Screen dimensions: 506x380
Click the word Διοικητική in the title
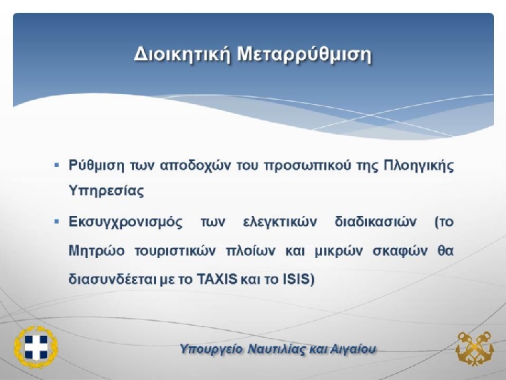[x=182, y=54]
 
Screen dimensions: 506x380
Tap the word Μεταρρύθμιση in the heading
[x=304, y=55]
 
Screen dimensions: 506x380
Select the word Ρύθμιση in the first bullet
[x=96, y=165]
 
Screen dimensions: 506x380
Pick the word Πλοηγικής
[x=419, y=166]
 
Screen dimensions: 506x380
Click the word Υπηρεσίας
[x=106, y=190]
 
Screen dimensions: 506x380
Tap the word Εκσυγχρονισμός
[x=125, y=222]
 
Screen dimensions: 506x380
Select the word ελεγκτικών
[x=280, y=222]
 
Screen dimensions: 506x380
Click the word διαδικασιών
[x=376, y=222]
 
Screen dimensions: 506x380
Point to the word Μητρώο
[x=96, y=251]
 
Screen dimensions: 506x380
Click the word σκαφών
[x=400, y=251]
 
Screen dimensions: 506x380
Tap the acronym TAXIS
[x=217, y=279]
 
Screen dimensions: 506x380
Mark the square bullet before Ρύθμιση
[x=57, y=165]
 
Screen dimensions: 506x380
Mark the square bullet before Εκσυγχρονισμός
[x=57, y=222]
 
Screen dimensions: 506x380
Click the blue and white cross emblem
[x=36, y=347]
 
